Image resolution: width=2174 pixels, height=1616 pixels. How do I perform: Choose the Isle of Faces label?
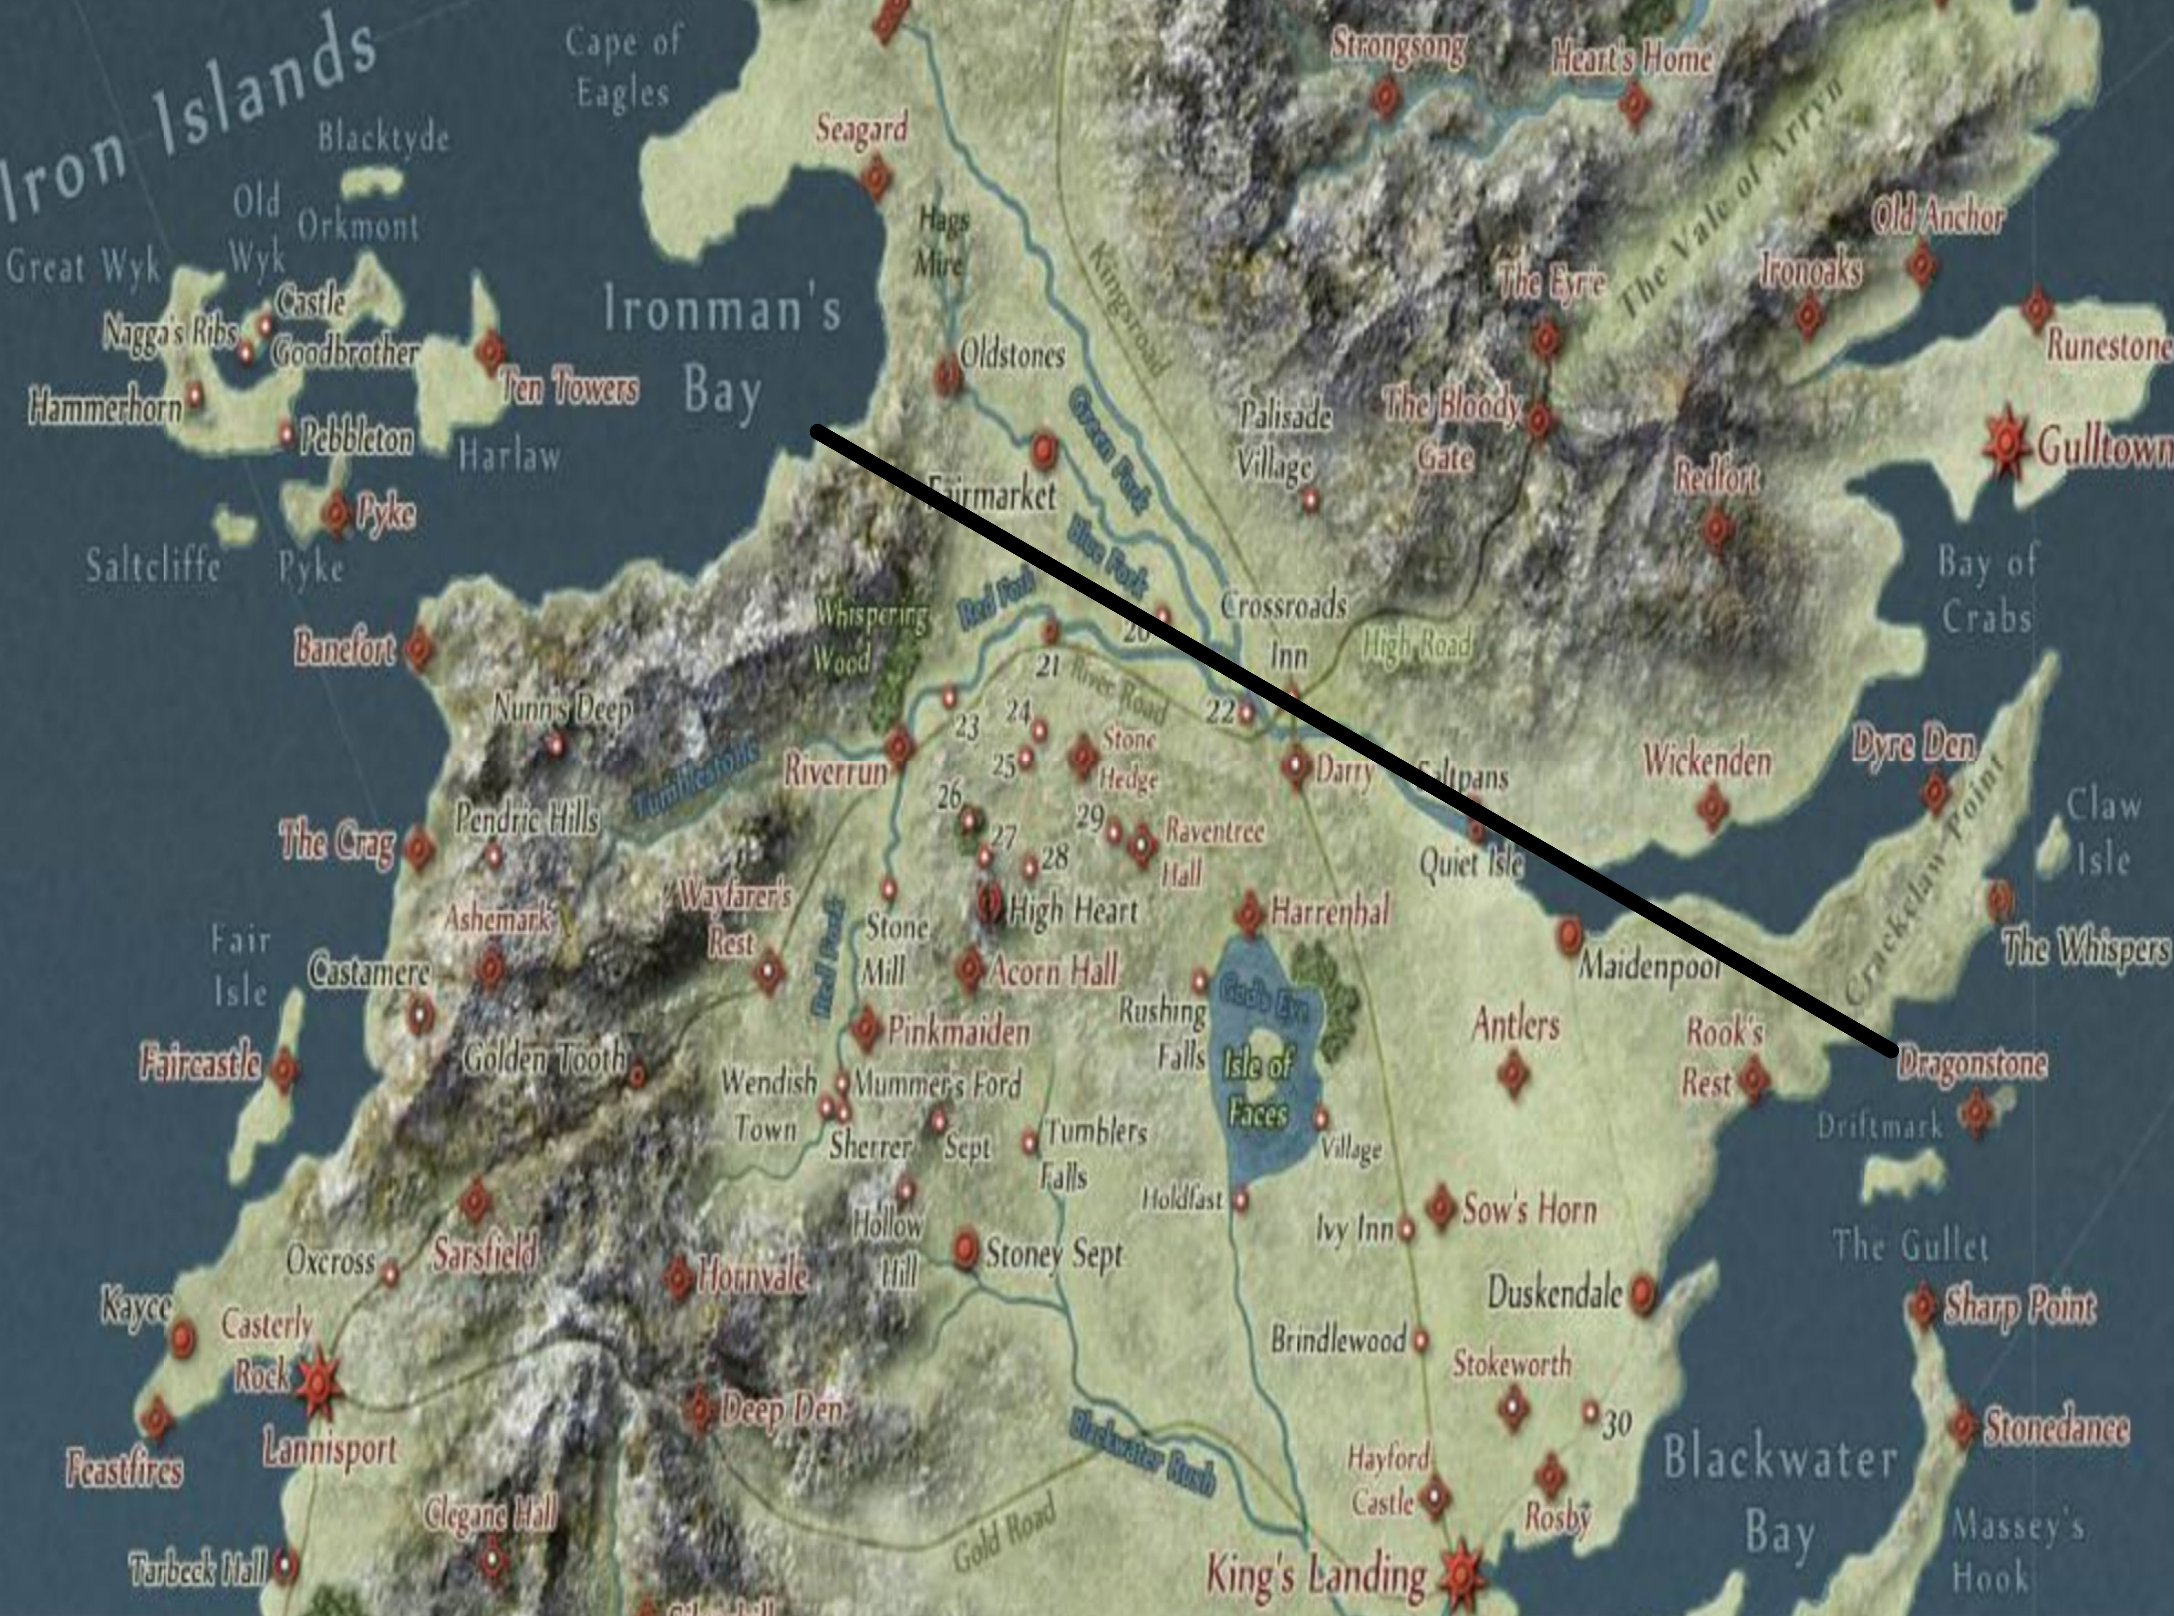1259,1089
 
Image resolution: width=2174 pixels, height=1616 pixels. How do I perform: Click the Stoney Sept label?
1054,1254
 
